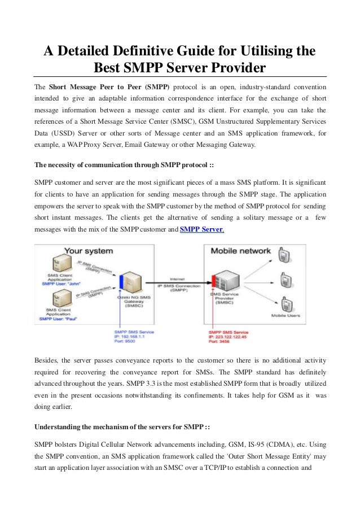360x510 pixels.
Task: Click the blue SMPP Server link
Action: click(201, 229)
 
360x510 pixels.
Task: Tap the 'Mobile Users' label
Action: click(286, 315)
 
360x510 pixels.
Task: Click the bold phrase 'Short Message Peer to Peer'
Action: click(94, 87)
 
